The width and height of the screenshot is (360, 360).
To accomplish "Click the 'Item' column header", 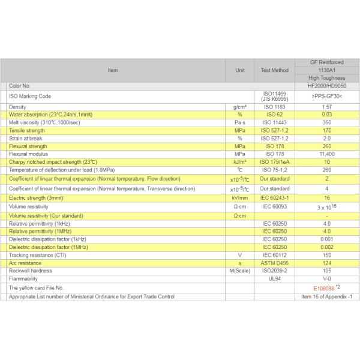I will [x=113, y=70].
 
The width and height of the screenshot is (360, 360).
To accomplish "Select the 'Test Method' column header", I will [x=275, y=70].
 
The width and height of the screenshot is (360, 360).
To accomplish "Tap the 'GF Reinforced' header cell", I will [x=327, y=62].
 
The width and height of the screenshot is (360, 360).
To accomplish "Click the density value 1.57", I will [x=327, y=107].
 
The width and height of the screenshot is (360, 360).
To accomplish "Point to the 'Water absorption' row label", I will [x=50, y=114].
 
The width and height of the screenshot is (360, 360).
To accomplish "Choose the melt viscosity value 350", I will [x=327, y=122].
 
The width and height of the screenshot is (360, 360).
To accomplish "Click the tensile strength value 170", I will [x=327, y=130].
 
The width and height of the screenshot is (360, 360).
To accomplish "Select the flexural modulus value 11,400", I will [x=327, y=154].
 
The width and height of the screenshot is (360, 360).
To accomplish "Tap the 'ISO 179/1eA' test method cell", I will [x=275, y=161].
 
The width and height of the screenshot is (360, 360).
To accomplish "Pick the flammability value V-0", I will [x=327, y=278].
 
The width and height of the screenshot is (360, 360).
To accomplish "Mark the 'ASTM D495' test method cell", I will [x=275, y=263].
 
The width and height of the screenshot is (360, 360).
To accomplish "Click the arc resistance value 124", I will [x=327, y=263].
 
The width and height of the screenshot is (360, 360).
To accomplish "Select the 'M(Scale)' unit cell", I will [x=239, y=271].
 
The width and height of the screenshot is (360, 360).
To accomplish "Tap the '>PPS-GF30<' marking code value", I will [x=327, y=96].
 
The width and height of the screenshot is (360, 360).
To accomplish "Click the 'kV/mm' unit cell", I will [x=239, y=197].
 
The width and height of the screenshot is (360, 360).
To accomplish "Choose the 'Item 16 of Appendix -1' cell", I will [x=327, y=297].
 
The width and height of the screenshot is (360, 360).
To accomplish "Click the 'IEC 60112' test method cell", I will [x=275, y=255].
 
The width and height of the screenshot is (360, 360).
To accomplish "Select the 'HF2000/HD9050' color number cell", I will [x=327, y=86].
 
